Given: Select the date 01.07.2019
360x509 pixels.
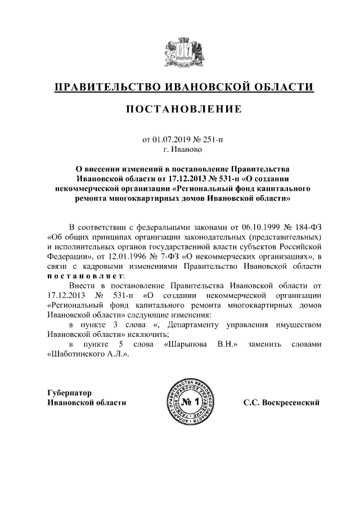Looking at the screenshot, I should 170,139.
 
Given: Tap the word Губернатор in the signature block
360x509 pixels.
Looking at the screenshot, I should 69,393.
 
